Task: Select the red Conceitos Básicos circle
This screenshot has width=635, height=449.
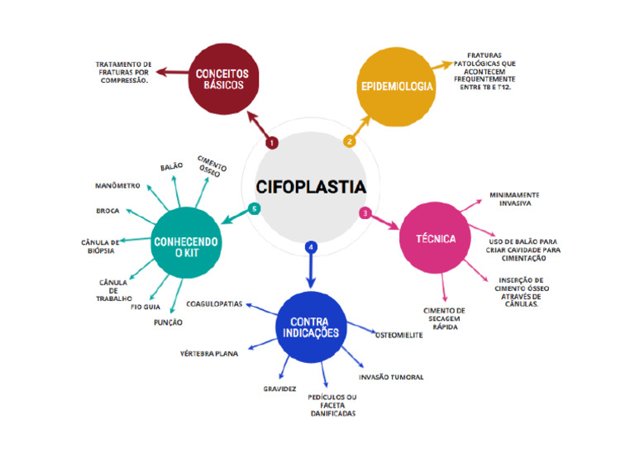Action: [x=222, y=79]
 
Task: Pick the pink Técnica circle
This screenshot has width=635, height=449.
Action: [x=439, y=238]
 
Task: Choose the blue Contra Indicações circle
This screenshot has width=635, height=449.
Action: [x=314, y=329]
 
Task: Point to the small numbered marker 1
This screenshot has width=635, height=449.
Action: [x=272, y=142]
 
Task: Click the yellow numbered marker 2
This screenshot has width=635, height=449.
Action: [x=350, y=141]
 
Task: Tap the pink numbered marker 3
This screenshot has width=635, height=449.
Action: [x=365, y=213]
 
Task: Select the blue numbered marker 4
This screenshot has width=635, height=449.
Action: [x=310, y=246]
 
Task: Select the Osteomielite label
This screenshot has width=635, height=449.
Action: [x=400, y=335]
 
